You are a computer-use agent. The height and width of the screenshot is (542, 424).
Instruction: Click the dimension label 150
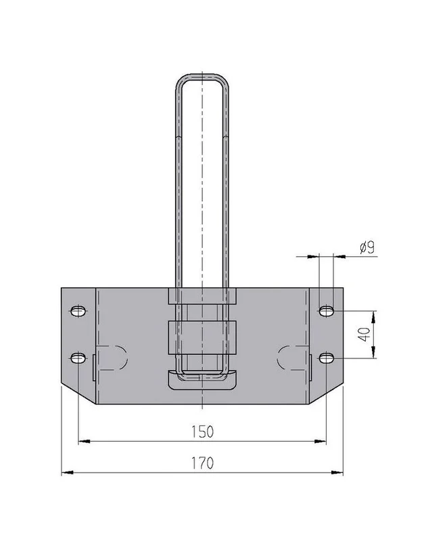tap(202, 432)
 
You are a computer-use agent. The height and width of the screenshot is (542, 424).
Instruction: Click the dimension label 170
tap(202, 463)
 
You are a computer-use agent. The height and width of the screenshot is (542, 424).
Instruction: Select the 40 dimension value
tap(364, 335)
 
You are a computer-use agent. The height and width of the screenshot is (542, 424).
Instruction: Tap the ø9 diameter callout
tap(367, 247)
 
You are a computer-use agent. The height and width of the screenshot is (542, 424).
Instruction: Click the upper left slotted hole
tap(78, 311)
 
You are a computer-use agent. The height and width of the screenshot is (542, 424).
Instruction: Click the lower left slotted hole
tap(78, 358)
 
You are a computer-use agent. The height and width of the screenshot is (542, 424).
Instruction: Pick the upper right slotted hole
tap(326, 311)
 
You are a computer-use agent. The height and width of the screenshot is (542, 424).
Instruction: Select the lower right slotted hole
tap(326, 358)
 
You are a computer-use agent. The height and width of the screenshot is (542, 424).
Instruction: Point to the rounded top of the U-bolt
tap(202, 75)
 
